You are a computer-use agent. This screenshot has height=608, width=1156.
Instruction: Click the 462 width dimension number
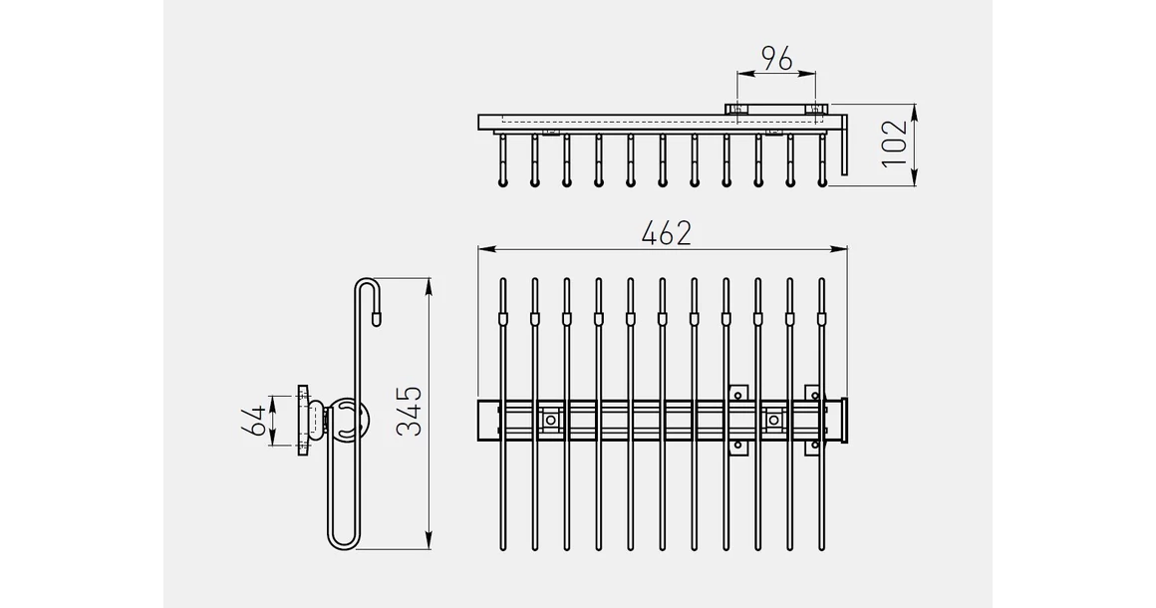[667, 233]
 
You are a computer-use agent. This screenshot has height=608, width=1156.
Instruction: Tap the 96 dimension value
[777, 58]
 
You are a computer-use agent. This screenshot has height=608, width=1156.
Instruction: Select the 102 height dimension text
[894, 144]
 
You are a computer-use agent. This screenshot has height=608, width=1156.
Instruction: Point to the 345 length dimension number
[410, 411]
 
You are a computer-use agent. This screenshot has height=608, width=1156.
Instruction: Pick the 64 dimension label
[255, 420]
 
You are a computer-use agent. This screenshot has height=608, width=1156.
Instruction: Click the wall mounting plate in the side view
[302, 421]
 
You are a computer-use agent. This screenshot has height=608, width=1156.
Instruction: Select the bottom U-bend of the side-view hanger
[342, 541]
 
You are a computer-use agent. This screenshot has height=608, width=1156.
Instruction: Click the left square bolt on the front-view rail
[550, 420]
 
